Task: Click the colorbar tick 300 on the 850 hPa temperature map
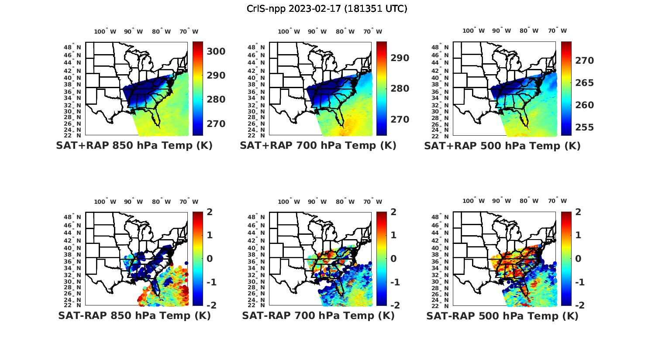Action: pos(216,51)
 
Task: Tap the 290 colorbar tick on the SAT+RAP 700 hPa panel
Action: pos(400,58)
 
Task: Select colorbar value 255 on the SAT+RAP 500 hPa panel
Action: pos(584,127)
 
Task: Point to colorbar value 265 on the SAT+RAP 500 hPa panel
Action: pos(584,83)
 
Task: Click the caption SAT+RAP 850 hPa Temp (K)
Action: pos(134,146)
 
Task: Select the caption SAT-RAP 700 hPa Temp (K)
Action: pos(318,315)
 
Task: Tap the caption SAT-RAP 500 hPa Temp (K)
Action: pos(502,316)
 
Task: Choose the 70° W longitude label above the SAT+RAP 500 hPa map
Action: pos(558,31)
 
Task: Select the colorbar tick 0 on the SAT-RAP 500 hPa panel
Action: pos(578,258)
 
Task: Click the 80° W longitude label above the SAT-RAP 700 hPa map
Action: pos(345,202)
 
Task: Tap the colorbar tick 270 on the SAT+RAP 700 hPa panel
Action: pos(400,120)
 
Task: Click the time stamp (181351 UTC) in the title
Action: pos(376,9)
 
